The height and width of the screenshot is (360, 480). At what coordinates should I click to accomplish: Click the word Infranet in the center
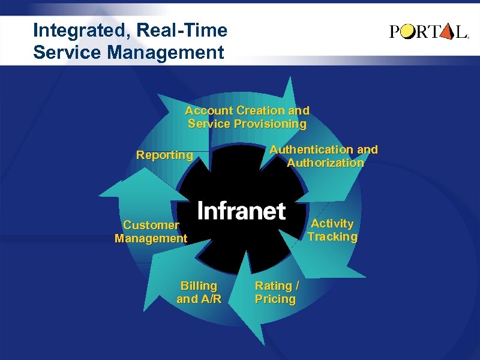[241, 211]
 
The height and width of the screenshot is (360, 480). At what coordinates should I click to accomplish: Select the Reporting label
[164, 155]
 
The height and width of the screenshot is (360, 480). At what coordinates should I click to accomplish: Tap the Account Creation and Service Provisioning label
[247, 117]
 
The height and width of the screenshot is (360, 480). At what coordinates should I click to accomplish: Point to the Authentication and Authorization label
[324, 156]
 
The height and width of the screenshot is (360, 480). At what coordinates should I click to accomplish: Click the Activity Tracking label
[332, 230]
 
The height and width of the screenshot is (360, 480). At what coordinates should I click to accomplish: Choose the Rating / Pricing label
[277, 292]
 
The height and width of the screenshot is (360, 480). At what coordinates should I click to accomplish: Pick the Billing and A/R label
[199, 292]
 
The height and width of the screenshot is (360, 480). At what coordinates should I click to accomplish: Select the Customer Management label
[151, 232]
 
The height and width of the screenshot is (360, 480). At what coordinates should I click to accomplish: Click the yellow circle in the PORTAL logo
[408, 32]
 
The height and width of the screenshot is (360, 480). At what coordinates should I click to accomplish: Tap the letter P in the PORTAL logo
[395, 32]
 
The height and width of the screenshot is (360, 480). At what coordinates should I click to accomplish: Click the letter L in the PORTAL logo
[461, 32]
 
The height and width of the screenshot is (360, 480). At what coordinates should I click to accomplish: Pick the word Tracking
[332, 236]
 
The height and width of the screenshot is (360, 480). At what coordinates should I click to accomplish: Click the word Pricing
[275, 299]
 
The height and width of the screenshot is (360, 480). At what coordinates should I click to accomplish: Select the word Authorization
[325, 163]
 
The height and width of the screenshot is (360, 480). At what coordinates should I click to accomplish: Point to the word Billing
[199, 286]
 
